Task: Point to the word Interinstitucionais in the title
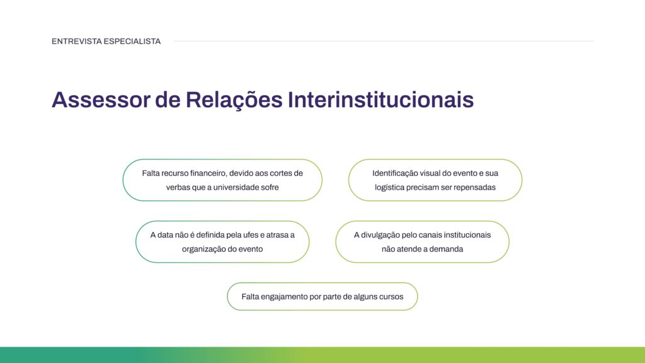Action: coord(380,100)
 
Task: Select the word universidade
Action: coord(241,187)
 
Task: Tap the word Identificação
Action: coord(399,173)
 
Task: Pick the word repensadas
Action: coord(474,187)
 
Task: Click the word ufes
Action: coord(254,235)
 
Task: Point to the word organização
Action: coord(204,249)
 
